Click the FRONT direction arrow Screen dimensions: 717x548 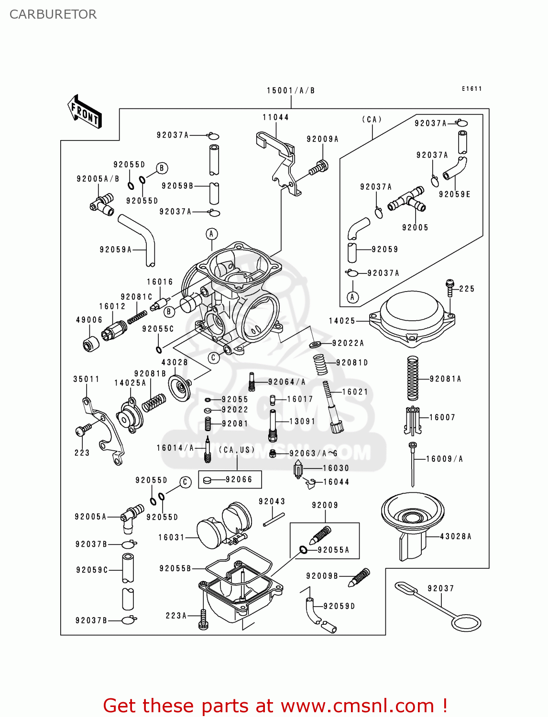85,112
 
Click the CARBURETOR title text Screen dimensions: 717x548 53,14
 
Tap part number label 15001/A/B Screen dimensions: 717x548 290,90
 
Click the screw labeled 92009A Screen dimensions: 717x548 318,168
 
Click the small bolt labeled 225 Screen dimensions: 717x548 449,288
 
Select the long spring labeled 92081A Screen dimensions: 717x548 412,379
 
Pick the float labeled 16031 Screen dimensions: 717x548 225,526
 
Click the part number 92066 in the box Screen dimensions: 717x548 239,479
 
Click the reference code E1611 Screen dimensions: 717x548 471,89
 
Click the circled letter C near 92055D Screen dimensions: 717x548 185,482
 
